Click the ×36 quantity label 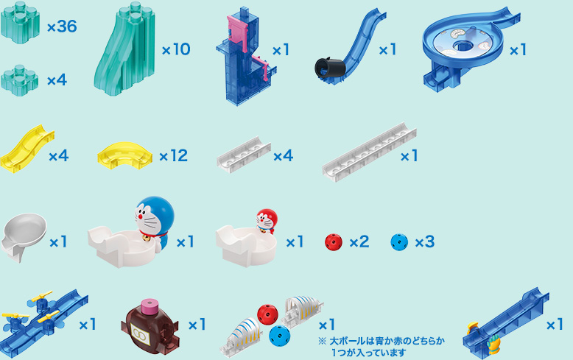click(62, 27)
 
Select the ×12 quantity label click(173, 156)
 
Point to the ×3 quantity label click(424, 241)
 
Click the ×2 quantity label click(359, 241)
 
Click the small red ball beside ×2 click(334, 241)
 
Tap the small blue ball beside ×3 click(399, 241)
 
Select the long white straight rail click(369, 151)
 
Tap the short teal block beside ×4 click(19, 79)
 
